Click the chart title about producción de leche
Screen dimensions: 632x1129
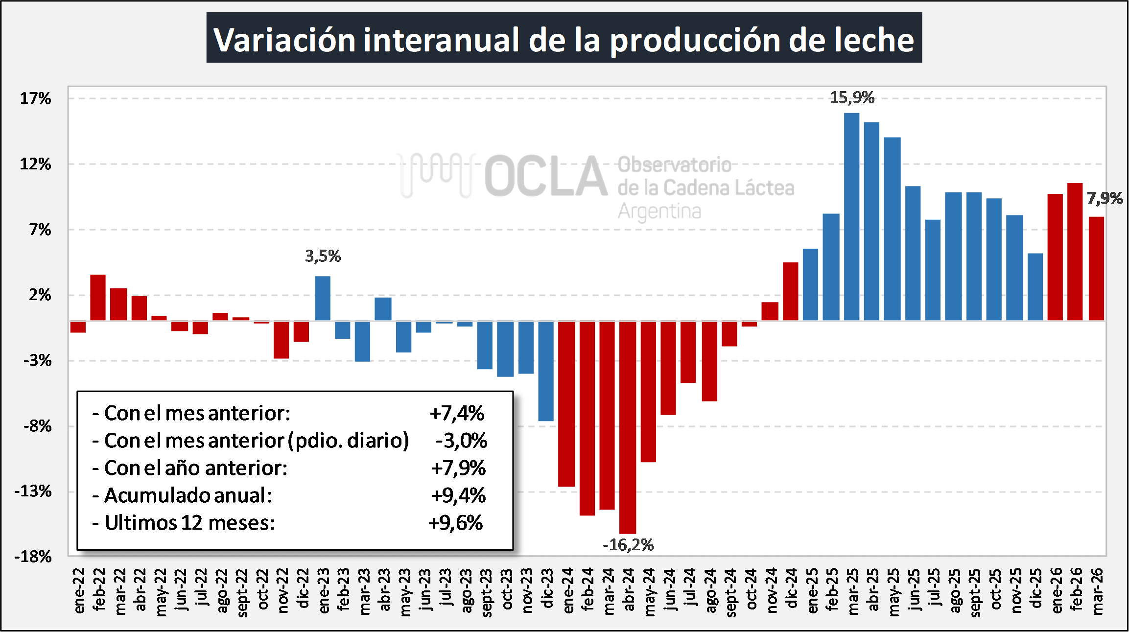(x=564, y=39)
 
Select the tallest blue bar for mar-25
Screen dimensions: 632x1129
(x=851, y=216)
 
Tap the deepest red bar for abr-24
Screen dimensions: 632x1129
(x=627, y=427)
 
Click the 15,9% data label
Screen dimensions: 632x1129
(x=852, y=97)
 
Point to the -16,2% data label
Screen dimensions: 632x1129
(x=628, y=545)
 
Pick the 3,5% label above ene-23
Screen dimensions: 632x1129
(x=323, y=256)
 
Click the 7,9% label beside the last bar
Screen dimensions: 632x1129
(x=1105, y=198)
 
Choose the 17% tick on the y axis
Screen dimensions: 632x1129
(x=35, y=99)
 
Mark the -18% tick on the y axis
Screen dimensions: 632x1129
(x=33, y=557)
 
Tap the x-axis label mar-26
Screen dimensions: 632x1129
(x=1097, y=591)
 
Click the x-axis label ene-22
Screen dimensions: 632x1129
(x=78, y=590)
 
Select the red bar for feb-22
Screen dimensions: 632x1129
(x=98, y=298)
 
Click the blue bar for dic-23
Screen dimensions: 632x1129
(x=545, y=371)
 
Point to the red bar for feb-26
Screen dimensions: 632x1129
(x=1075, y=252)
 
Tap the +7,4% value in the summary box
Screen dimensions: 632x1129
(x=457, y=413)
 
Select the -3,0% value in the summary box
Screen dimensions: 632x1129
(x=461, y=441)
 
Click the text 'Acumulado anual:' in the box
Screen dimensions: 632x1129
(x=188, y=495)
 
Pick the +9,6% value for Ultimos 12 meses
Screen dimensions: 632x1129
(x=455, y=523)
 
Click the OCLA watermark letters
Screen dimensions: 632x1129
(x=545, y=176)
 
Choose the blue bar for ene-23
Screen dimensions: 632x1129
(x=322, y=298)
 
